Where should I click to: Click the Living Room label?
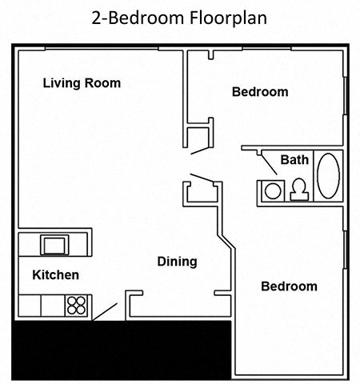pos(81,82)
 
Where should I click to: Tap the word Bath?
pos(294,161)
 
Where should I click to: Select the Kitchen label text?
pos(55,275)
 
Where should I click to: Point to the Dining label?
pos(177,262)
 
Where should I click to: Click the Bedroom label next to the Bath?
pos(259,92)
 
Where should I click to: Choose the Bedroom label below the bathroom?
pos(289,286)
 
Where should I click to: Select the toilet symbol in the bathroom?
pos(300,190)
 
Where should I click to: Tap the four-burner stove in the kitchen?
pos(77,305)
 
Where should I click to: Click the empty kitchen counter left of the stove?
pos(40,305)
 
